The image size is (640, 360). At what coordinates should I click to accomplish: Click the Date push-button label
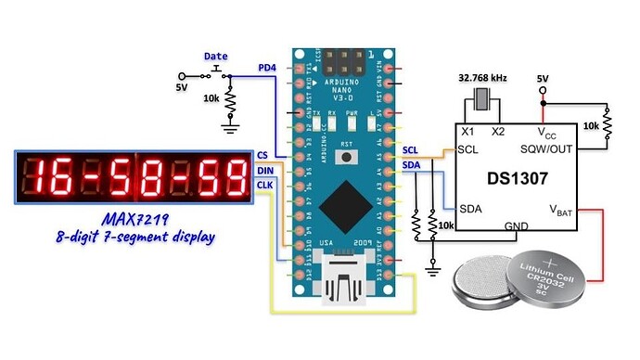215,57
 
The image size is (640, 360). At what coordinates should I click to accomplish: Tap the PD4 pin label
267,68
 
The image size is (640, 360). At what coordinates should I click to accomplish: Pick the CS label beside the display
262,155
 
